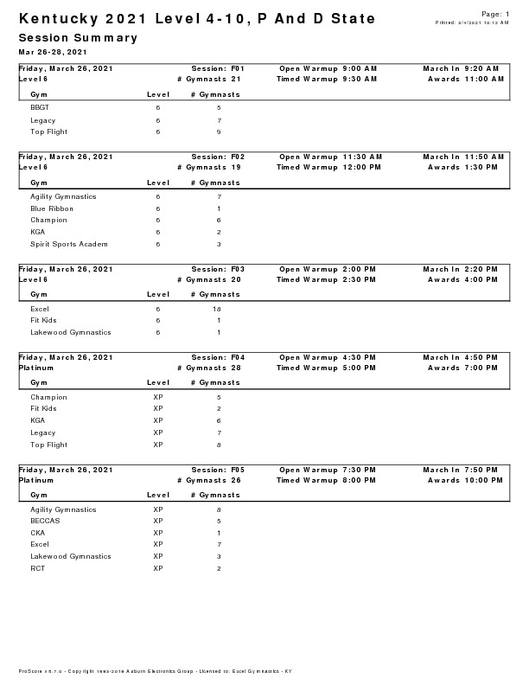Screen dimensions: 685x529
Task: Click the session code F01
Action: pos(238,67)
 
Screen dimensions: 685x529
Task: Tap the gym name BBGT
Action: pos(39,107)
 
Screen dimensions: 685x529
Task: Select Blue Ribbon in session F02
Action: pos(52,208)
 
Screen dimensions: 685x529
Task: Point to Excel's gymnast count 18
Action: pos(219,309)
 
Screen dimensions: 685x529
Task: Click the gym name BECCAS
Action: pos(45,522)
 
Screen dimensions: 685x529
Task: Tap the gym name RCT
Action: pos(37,568)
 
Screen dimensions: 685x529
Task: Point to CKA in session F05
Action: pos(37,533)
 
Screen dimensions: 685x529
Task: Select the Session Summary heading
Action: pos(78,38)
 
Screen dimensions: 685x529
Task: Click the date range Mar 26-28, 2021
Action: pos(53,52)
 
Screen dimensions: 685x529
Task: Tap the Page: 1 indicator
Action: pos(494,14)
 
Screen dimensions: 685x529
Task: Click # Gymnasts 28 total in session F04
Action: pos(208,368)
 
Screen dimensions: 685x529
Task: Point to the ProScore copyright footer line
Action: pos(155,671)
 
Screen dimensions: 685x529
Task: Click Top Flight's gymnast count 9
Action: pos(219,132)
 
